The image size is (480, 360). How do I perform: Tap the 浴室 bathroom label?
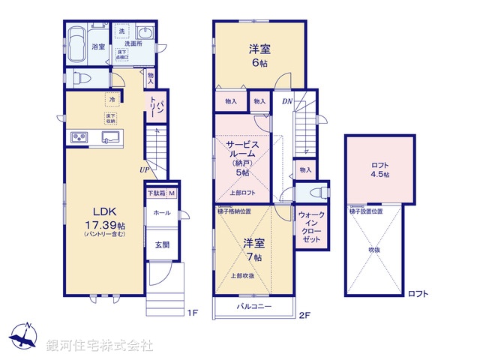(98, 46)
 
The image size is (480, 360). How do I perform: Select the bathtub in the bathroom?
(78, 41)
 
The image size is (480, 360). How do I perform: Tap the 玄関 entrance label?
(162, 244)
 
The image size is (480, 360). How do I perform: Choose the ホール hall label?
(161, 213)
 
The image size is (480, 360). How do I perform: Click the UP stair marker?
(142, 169)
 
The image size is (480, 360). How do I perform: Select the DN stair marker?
(286, 100)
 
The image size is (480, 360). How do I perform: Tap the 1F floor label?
(191, 311)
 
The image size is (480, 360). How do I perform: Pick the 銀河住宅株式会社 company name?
(99, 346)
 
